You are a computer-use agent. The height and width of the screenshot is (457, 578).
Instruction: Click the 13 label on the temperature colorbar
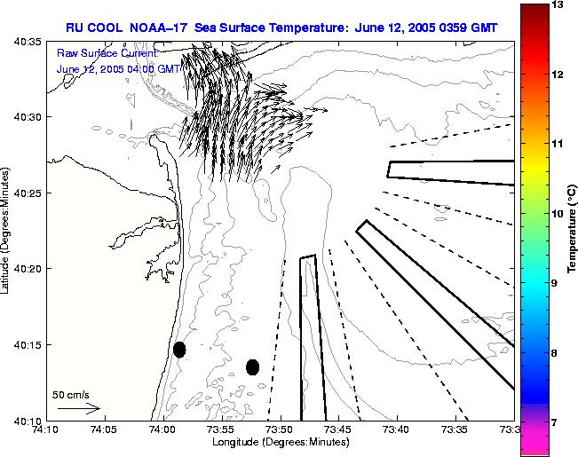(x=557, y=5)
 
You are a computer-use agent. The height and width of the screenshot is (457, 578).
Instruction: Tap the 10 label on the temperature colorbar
(x=557, y=214)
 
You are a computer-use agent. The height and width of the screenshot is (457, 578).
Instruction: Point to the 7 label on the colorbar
(x=557, y=422)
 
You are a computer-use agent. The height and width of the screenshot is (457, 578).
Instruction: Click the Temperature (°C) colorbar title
(x=574, y=229)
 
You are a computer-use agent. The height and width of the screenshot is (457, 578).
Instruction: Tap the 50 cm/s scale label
(x=70, y=394)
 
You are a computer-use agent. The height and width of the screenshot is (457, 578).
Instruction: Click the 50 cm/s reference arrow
(x=79, y=408)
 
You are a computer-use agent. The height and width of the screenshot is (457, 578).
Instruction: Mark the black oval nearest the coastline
(x=179, y=350)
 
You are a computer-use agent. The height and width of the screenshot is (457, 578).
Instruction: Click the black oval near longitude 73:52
(x=252, y=366)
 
